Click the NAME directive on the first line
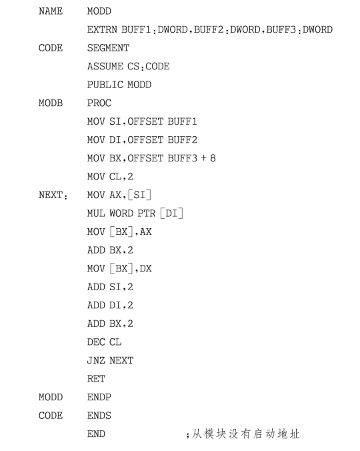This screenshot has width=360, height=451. [x=51, y=11]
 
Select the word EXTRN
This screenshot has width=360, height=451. [x=102, y=29]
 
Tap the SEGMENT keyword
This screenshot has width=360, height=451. [x=108, y=48]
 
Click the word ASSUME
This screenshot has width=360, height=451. [x=105, y=67]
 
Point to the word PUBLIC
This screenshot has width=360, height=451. [x=105, y=85]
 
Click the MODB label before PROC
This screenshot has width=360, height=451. [x=51, y=103]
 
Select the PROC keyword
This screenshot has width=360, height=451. [x=99, y=103]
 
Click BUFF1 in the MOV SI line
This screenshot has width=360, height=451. [x=183, y=121]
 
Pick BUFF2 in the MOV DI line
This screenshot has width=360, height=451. [x=183, y=140]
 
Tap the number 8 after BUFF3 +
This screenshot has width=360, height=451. [x=213, y=158]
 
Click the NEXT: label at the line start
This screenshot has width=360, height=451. [x=53, y=195]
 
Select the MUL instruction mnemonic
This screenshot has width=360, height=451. [x=96, y=213]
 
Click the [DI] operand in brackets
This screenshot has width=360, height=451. [x=171, y=213]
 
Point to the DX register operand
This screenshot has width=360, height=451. [x=145, y=269]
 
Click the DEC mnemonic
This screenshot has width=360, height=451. [x=96, y=342]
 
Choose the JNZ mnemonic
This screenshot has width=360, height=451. [x=96, y=361]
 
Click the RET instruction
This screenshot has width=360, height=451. [x=96, y=379]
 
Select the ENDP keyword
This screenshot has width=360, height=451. [x=99, y=398]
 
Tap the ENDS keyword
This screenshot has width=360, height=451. [x=99, y=416]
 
